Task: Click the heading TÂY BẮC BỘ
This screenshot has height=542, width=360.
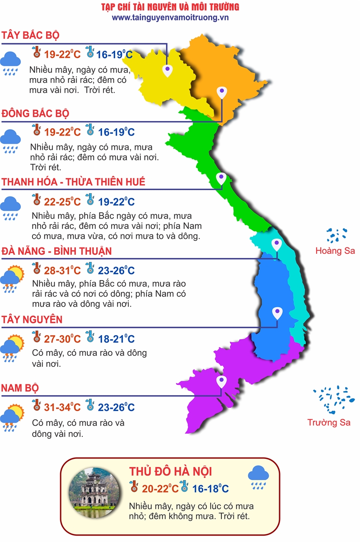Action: tap(31, 36)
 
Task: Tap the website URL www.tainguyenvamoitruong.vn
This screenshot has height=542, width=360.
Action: tap(170, 18)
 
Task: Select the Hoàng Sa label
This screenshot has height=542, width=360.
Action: tap(335, 251)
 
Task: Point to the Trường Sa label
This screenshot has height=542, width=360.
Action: tap(329, 422)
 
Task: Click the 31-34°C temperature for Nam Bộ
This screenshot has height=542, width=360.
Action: tap(62, 407)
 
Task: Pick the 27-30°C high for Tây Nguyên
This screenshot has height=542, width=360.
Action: tap(62, 339)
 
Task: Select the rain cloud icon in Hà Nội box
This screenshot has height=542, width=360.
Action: tap(258, 478)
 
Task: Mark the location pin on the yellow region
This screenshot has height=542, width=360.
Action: tap(168, 70)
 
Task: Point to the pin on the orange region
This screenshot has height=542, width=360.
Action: tap(221, 93)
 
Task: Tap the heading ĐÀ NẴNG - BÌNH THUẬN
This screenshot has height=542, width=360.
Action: tap(56, 251)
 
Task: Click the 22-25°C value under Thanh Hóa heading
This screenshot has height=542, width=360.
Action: tap(62, 201)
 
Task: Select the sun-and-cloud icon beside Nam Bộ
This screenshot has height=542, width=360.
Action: tap(11, 418)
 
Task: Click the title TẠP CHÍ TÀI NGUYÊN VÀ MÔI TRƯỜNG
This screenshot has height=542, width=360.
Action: tap(170, 7)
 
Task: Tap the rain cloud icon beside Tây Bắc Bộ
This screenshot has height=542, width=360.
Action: tap(10, 62)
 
